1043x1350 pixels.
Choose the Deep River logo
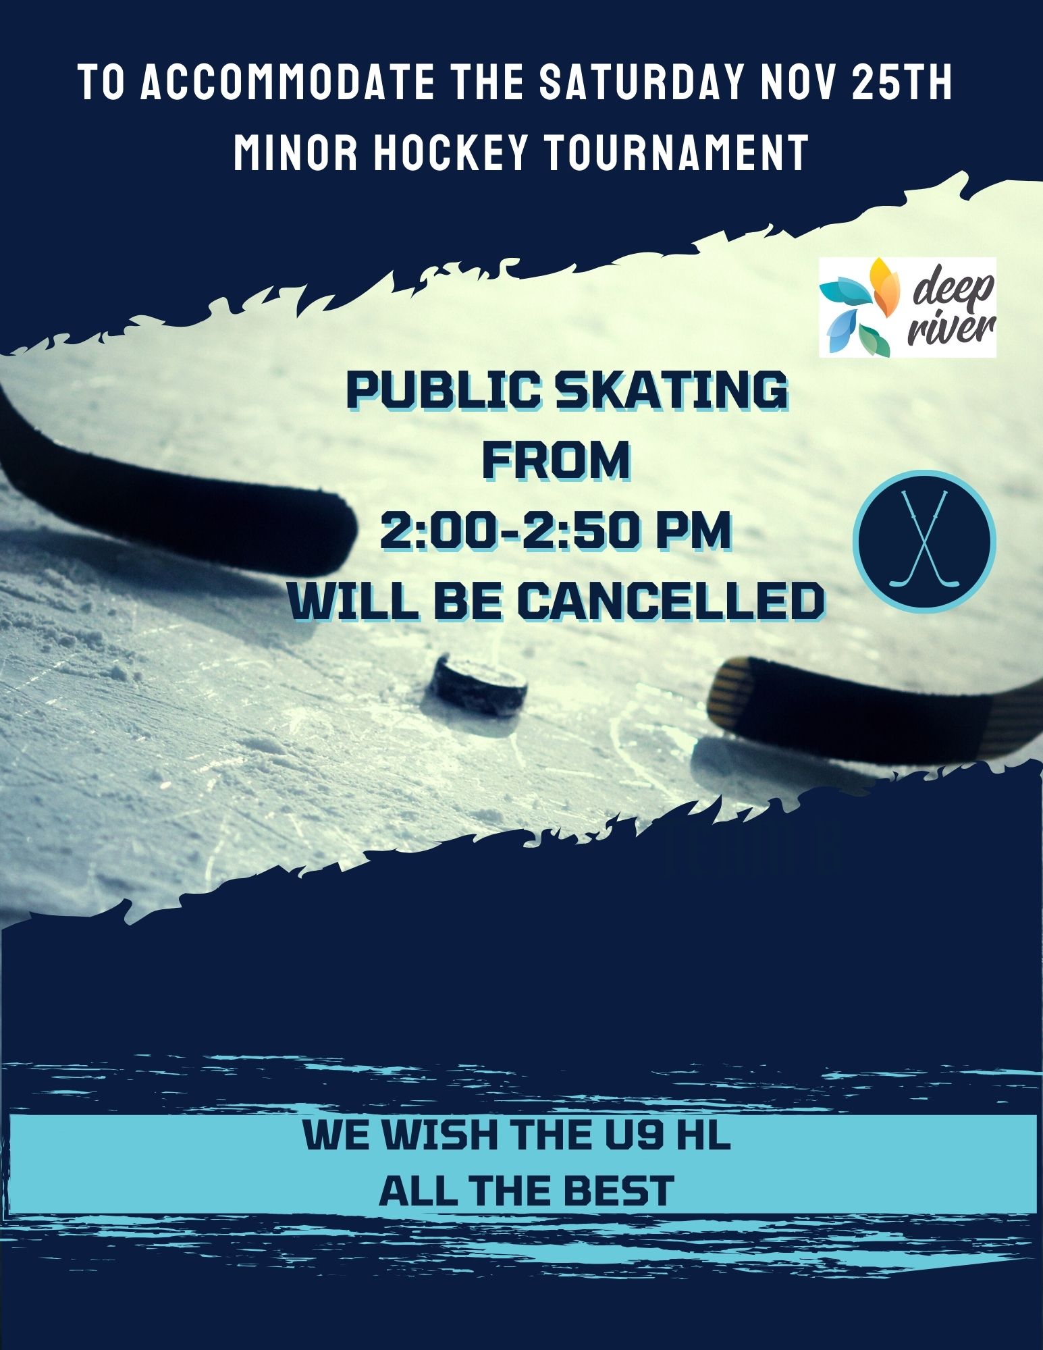[907, 307]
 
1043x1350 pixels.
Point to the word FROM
[557, 462]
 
